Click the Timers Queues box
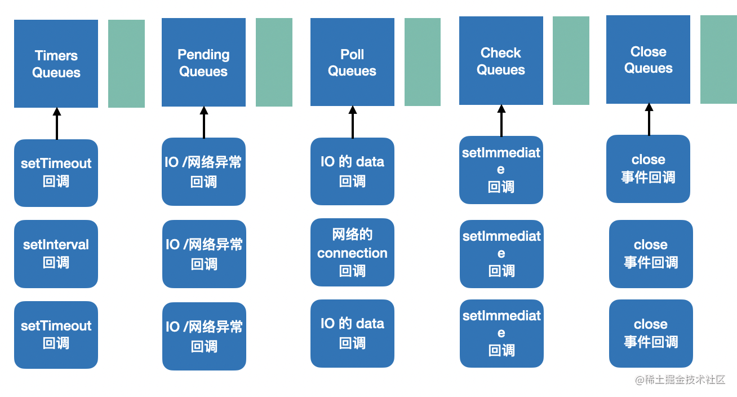(56, 64)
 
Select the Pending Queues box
(203, 62)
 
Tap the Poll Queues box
(352, 62)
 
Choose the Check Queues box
(501, 60)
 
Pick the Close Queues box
(648, 60)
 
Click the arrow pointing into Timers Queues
(57, 123)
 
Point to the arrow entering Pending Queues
(204, 122)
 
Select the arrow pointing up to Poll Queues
(353, 122)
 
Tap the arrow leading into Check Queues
(501, 121)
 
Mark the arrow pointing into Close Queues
(649, 120)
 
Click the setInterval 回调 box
(56, 254)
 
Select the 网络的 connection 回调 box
(352, 252)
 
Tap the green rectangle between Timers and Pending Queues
(126, 64)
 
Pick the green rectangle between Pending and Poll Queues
(274, 62)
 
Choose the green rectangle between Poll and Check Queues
(423, 62)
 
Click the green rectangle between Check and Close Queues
(571, 60)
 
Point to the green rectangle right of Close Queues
(718, 60)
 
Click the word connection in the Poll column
(352, 253)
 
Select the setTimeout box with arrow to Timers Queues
(56, 173)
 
